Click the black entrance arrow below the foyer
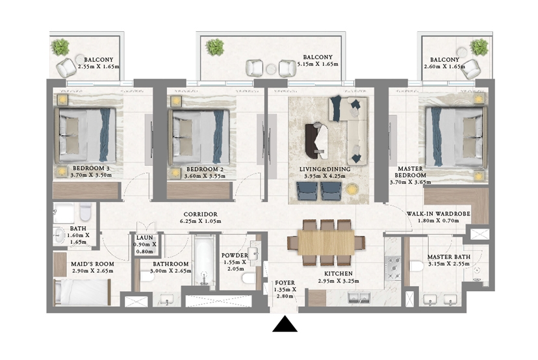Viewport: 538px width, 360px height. tap(285, 324)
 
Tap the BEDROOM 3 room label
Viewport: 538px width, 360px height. tap(91, 168)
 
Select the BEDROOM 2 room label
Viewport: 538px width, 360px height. tap(205, 169)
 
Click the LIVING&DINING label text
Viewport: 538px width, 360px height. tap(325, 169)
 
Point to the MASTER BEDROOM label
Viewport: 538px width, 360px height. tap(411, 172)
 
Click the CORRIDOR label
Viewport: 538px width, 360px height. tap(200, 214)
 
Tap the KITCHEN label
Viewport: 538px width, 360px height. tap(339, 274)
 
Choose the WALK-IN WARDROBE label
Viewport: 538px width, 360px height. tap(439, 214)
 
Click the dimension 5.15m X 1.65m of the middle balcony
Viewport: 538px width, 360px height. tap(318, 64)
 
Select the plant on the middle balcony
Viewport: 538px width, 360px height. tap(215, 47)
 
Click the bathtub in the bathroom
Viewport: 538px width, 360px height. tap(205, 260)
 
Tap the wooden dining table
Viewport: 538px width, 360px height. tap(326, 242)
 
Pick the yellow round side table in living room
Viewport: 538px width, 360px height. tap(352, 189)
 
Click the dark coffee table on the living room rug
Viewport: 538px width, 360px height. tap(316, 141)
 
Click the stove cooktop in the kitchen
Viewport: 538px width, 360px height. tap(393, 268)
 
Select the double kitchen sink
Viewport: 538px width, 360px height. tap(359, 298)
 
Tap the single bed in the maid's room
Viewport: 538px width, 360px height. tap(83, 292)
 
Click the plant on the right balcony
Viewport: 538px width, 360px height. tap(479, 47)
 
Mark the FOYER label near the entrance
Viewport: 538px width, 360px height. tap(285, 283)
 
